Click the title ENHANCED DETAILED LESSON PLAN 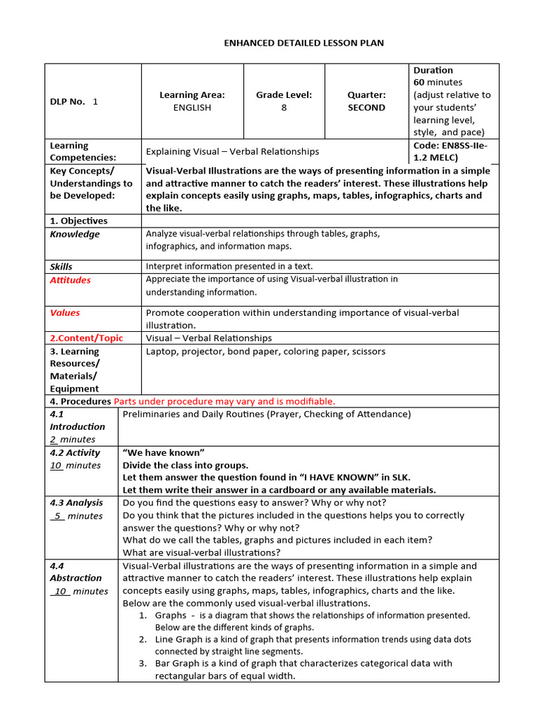click(x=303, y=43)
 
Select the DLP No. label click(x=68, y=102)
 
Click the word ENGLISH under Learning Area click(x=192, y=108)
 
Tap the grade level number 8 click(x=284, y=108)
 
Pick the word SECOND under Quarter click(x=366, y=108)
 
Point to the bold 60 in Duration click(x=420, y=83)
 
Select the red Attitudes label click(x=70, y=280)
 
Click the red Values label click(x=65, y=313)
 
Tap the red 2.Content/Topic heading click(x=86, y=338)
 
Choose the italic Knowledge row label click(x=75, y=235)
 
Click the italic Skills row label click(x=61, y=267)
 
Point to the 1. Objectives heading click(x=78, y=221)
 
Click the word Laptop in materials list click(x=162, y=351)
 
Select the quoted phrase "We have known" click(x=163, y=453)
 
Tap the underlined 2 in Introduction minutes click(x=53, y=440)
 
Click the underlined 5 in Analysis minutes click(x=59, y=516)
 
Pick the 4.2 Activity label click(x=75, y=453)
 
